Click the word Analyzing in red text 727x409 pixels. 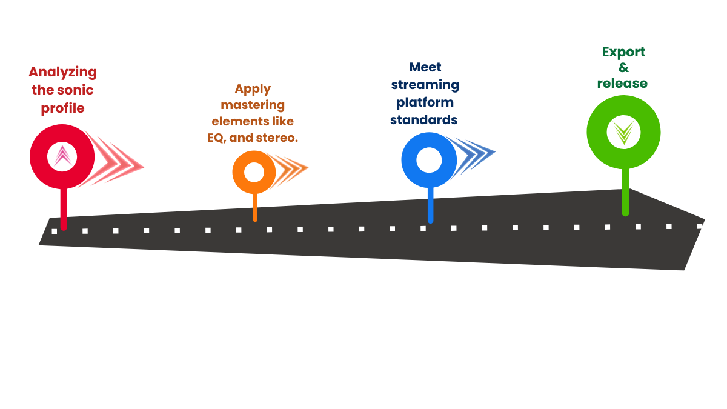point(62,71)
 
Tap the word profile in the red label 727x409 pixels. point(62,109)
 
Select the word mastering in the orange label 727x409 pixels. point(253,105)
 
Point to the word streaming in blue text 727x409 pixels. point(425,84)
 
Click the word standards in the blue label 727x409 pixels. point(423,119)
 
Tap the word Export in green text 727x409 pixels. point(623,52)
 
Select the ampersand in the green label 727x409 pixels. point(623,68)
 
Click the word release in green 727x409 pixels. point(622,84)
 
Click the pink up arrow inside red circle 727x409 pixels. point(62,156)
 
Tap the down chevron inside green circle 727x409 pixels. point(623,132)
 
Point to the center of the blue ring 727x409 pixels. point(430,159)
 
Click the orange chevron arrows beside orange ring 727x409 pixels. point(291,169)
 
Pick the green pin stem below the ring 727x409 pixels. point(625,191)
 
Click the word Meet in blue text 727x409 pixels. point(425,67)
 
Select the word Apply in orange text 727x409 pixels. point(253,89)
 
